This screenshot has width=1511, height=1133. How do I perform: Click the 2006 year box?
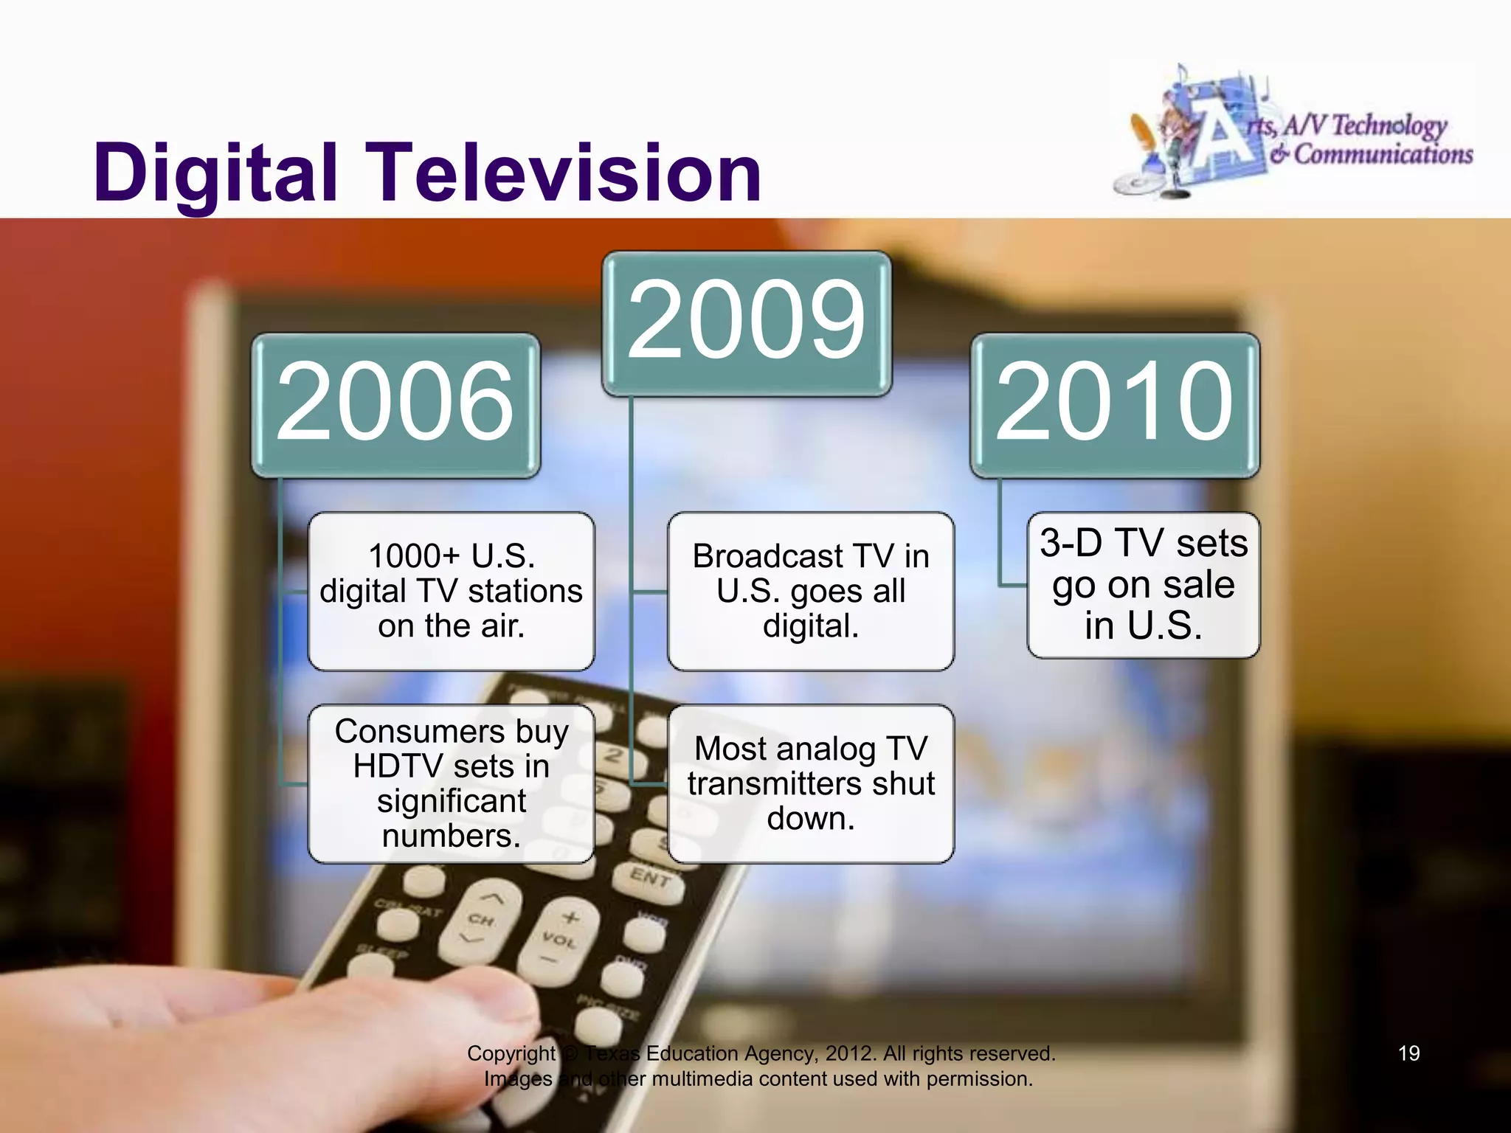coord(395,404)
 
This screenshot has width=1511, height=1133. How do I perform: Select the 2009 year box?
coord(747,323)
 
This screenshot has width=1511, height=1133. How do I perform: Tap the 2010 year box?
coord(1115,404)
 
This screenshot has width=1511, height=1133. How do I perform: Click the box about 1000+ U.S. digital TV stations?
coord(451,591)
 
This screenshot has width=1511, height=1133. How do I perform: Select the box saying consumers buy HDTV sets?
coord(451,783)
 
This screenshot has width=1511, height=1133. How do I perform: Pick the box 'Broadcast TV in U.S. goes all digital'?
coord(810,591)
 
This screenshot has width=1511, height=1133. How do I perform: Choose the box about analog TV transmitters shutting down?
coord(810,783)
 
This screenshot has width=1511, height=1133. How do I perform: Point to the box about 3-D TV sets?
coord(1143,584)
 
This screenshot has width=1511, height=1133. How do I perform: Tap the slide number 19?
coord(1408,1053)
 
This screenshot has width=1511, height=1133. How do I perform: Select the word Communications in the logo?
coord(1383,155)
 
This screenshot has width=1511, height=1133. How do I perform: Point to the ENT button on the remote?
coord(649,877)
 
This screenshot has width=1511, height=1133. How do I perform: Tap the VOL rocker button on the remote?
coord(559,940)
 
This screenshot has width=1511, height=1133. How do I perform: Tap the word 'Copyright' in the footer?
coord(511,1053)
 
